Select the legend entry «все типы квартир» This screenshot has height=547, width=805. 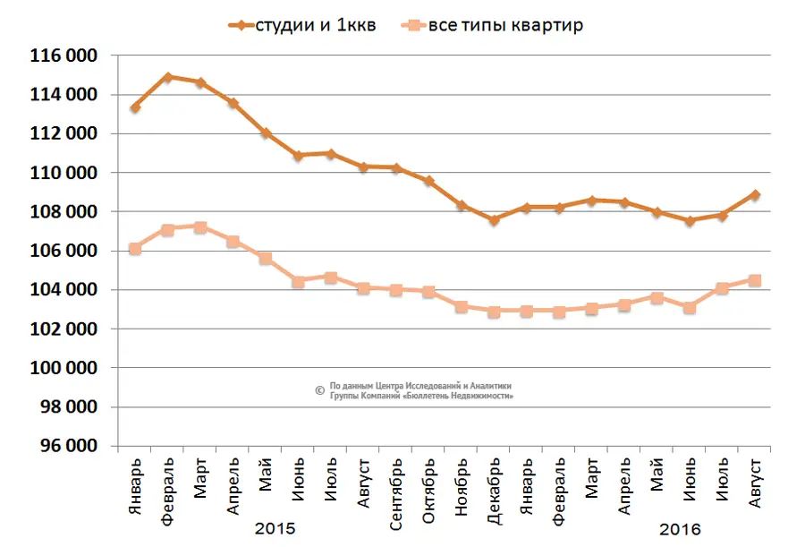pos(505,24)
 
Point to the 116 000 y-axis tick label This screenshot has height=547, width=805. pos(64,56)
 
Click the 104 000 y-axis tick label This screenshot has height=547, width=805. pos(64,290)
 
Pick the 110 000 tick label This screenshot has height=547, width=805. pos(64,173)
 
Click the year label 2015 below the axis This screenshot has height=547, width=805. pos(275,528)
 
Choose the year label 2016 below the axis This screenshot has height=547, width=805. pos(680,528)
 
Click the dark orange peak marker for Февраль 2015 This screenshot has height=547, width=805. pos(167,77)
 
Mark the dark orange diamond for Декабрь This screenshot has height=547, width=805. pos(494,219)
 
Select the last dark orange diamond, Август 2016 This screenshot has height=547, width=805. pos(755,194)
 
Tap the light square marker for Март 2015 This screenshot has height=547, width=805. pos(200,227)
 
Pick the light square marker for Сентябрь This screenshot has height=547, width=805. pos(396,290)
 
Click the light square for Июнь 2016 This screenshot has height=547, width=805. pos(690,307)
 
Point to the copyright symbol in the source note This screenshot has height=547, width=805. pos(319,389)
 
